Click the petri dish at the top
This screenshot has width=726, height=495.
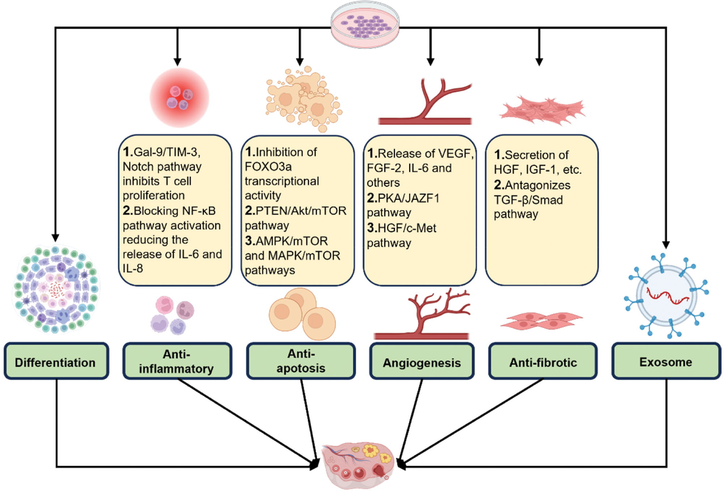point(365,25)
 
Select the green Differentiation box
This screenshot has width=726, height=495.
point(56,361)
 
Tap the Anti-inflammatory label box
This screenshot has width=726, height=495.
point(177,361)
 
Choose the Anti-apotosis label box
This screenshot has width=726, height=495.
point(301,361)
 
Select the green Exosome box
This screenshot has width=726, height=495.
point(666,361)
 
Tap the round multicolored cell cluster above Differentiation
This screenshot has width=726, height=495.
point(56,289)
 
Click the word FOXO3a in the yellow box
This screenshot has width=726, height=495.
point(268,167)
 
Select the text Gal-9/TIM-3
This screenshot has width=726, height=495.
point(167,152)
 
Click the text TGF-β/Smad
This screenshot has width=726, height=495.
point(528,200)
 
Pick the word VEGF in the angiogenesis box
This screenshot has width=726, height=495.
point(456,154)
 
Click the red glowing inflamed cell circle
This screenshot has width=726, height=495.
point(180,98)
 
